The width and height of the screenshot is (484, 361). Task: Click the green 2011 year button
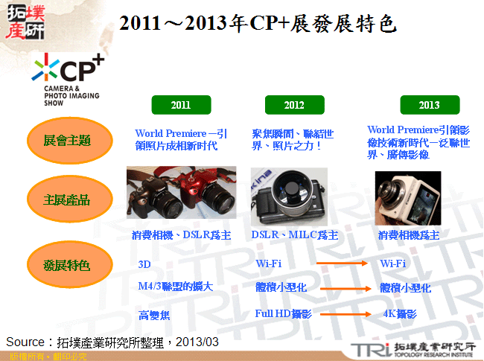[x=180, y=105]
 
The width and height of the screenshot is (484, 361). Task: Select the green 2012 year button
[x=293, y=105]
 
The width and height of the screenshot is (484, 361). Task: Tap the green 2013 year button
[x=429, y=105]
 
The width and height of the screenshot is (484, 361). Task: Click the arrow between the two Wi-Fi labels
[x=343, y=263]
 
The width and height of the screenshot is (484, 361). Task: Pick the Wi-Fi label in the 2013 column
[x=392, y=263]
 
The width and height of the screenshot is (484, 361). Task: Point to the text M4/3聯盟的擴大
[x=175, y=287]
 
